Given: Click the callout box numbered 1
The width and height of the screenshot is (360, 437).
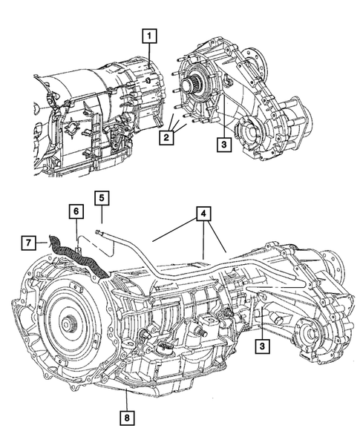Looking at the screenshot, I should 151,35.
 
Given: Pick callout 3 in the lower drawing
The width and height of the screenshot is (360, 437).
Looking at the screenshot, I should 262,345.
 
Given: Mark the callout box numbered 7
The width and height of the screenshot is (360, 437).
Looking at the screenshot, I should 29,243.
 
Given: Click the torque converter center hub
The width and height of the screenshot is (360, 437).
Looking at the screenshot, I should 68,324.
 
